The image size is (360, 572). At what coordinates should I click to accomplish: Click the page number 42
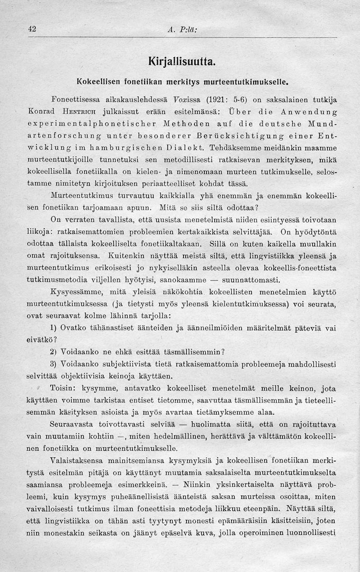31,30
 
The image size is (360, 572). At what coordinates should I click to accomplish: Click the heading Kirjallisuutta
180,62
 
